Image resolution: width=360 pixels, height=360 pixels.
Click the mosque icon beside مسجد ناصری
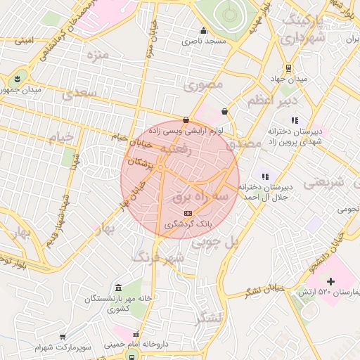204,30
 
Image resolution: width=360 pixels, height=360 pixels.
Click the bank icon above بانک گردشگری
187,213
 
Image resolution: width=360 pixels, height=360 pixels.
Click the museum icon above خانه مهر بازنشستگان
117,288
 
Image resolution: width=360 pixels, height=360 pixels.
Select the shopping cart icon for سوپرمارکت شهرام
63,337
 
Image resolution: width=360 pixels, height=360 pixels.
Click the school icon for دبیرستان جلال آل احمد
264,176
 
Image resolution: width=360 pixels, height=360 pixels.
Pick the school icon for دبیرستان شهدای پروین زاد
294,120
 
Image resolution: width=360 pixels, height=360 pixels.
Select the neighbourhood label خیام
64,137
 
